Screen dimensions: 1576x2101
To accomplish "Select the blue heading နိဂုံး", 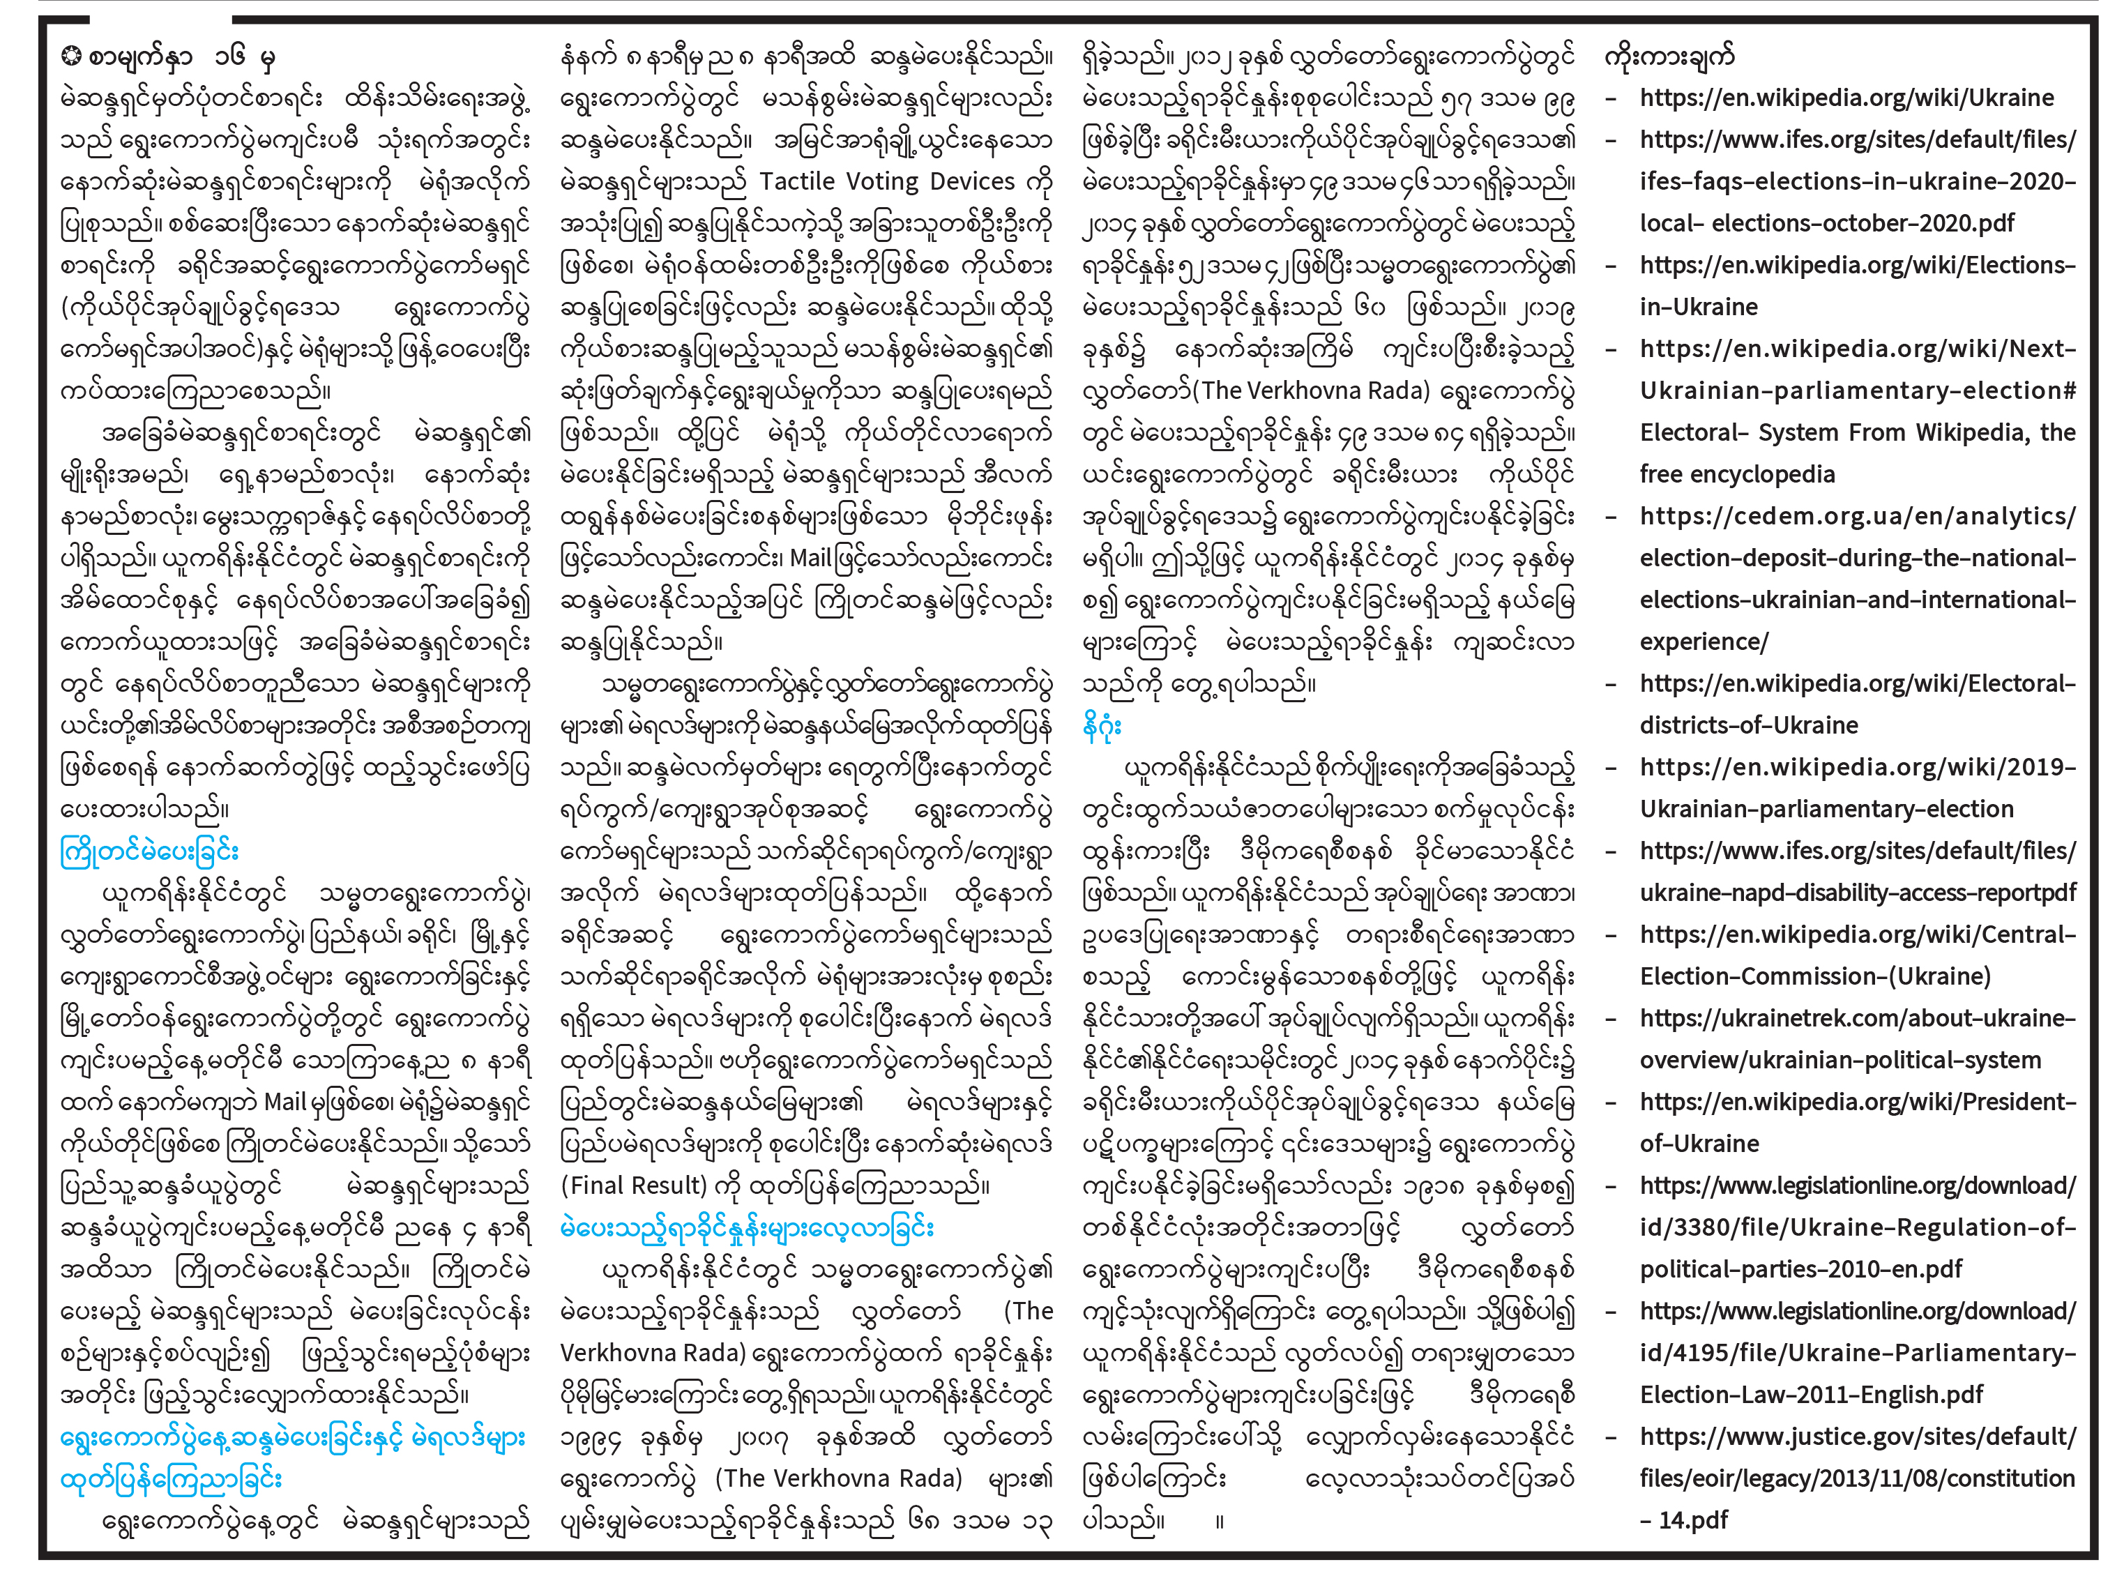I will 1102,726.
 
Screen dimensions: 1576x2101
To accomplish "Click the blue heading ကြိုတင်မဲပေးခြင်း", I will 149,851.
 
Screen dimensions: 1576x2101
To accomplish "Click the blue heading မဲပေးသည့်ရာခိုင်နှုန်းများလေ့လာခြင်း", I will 747,1227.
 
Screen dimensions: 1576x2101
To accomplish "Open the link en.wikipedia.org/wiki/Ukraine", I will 1846,98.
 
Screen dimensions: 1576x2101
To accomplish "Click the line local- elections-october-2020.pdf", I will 1826,223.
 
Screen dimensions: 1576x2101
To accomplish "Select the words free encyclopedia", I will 1736,474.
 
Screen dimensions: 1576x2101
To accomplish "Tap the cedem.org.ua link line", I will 1857,516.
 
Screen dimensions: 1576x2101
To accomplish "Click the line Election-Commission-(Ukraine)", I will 1814,976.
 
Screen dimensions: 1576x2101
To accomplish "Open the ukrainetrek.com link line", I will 1857,1018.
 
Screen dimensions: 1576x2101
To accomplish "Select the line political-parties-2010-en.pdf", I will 1800,1269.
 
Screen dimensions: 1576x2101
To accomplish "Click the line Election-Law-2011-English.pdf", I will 1810,1395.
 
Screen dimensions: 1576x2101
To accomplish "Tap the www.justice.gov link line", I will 1857,1437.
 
